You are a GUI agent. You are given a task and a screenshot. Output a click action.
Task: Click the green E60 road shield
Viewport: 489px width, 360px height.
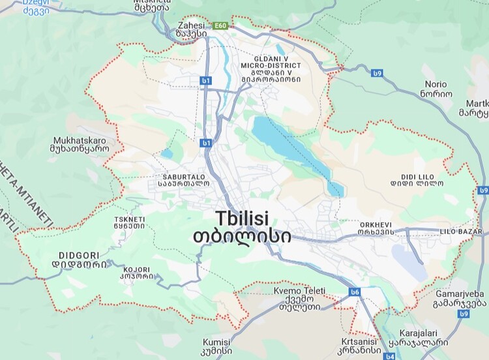[x=221, y=26]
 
